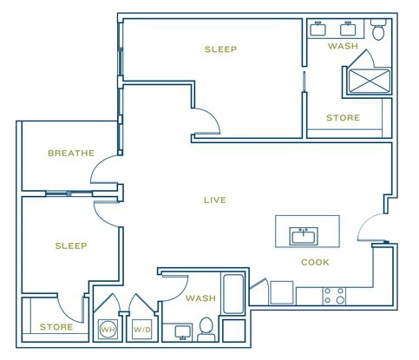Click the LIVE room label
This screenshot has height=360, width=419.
[x=215, y=200]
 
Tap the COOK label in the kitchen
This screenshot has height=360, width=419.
[x=315, y=262]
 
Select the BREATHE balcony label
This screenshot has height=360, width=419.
[x=71, y=153]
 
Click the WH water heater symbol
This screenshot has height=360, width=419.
[x=108, y=329]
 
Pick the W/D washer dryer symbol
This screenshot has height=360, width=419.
[x=142, y=329]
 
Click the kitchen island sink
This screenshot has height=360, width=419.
[x=304, y=236]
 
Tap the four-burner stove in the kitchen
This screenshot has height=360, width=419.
[x=334, y=296]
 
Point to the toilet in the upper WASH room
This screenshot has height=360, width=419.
[x=378, y=29]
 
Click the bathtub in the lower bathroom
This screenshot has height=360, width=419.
[x=233, y=294]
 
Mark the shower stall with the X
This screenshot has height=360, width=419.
[x=370, y=81]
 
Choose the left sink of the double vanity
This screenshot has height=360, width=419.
[x=318, y=29]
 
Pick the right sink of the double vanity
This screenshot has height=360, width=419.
[x=348, y=29]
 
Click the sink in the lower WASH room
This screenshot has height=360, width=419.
[x=183, y=331]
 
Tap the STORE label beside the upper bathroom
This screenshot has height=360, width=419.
[x=343, y=118]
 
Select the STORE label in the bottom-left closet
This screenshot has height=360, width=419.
[x=56, y=327]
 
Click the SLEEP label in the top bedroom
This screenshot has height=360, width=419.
[x=220, y=49]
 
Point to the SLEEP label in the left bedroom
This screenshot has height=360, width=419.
[x=71, y=245]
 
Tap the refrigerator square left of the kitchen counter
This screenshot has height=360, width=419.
[x=282, y=292]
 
